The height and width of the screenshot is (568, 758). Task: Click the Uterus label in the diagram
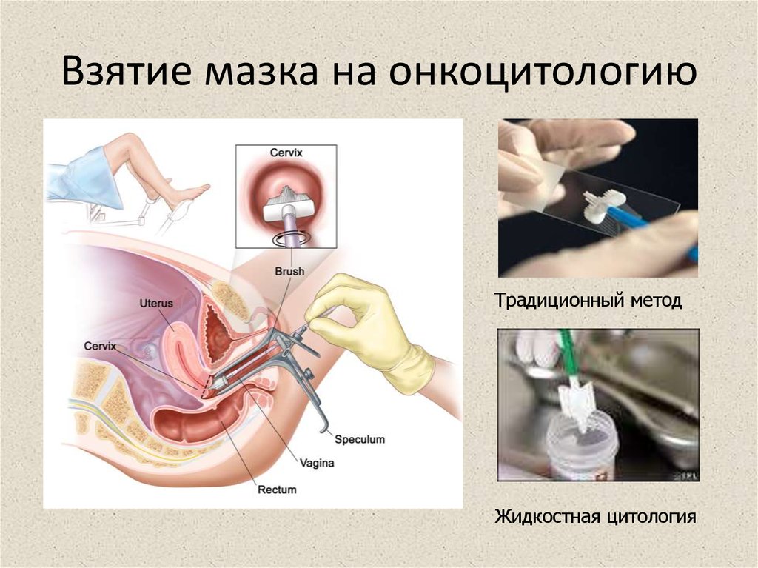pos(155,302)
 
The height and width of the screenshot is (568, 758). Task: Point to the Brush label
pos(289,272)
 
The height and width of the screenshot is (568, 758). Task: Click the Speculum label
pos(360,439)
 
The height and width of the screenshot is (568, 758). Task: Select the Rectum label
pos(277,490)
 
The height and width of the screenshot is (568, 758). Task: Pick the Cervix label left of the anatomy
pos(101,345)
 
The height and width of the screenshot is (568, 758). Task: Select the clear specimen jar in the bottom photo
pos(585,444)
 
